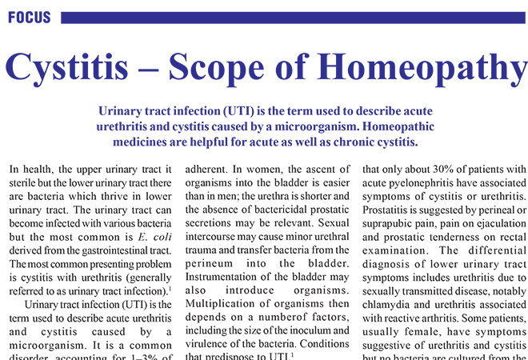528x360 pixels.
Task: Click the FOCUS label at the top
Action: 28,17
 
